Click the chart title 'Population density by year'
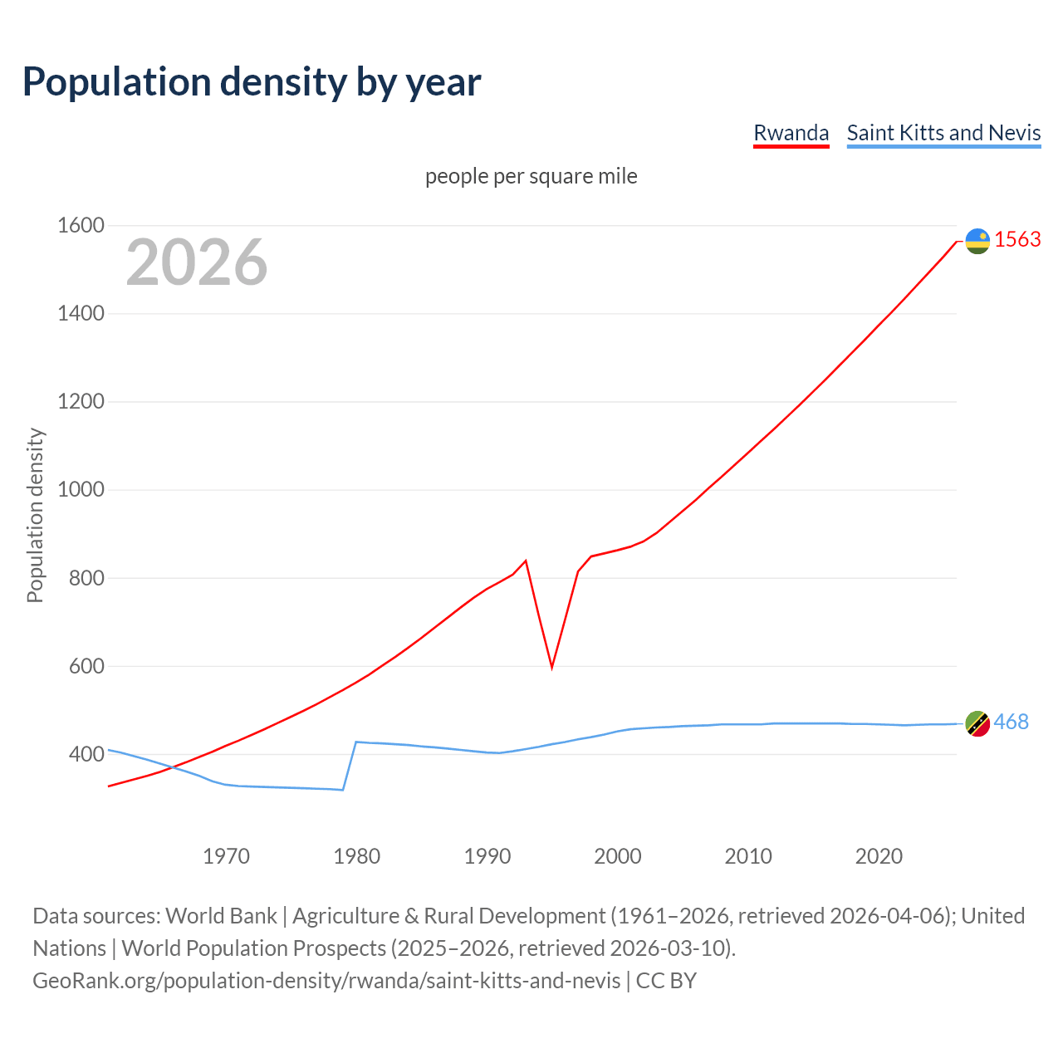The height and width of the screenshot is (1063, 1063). pos(252,82)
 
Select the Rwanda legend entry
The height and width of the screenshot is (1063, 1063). pos(791,133)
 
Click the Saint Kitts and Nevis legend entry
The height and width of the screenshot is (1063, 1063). pos(943,133)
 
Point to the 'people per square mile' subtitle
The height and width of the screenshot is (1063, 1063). pos(531,177)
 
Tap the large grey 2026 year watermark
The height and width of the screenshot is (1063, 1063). pos(197,262)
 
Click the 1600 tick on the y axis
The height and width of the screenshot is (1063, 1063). pos(81,226)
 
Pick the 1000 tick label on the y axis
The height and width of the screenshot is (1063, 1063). pos(81,490)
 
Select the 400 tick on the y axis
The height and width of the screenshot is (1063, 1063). pos(87,755)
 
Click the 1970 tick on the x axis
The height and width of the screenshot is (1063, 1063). pos(226,856)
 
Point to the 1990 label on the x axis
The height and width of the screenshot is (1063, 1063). pos(487,856)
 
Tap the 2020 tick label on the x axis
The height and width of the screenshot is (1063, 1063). pos(879,856)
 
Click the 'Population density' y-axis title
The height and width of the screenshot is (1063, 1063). pos(35,515)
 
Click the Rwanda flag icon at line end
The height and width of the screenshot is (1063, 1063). pos(977,241)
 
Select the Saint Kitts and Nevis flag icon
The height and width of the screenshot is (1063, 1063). pos(977,723)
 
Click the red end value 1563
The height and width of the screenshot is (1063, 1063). pos(1017,240)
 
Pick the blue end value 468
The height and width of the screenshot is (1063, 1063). pos(1011,723)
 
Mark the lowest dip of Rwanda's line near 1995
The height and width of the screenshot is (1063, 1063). pos(551,667)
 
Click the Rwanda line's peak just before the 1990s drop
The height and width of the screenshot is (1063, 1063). pos(526,561)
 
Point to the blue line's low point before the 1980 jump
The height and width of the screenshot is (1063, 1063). pos(342,789)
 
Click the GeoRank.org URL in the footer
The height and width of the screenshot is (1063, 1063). pos(326,981)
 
